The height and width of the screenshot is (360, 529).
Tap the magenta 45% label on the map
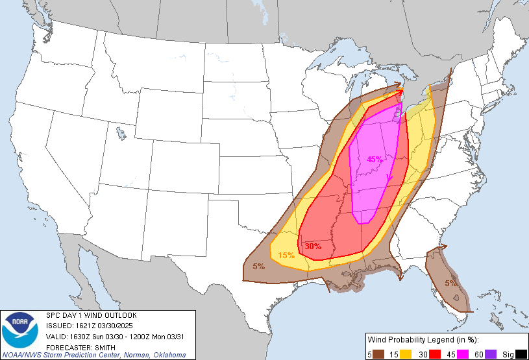375,159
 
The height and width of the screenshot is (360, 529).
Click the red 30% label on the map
313,246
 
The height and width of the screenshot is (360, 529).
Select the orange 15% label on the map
286,256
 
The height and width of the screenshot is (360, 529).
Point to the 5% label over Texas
258,267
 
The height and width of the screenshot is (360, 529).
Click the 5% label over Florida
451,283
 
